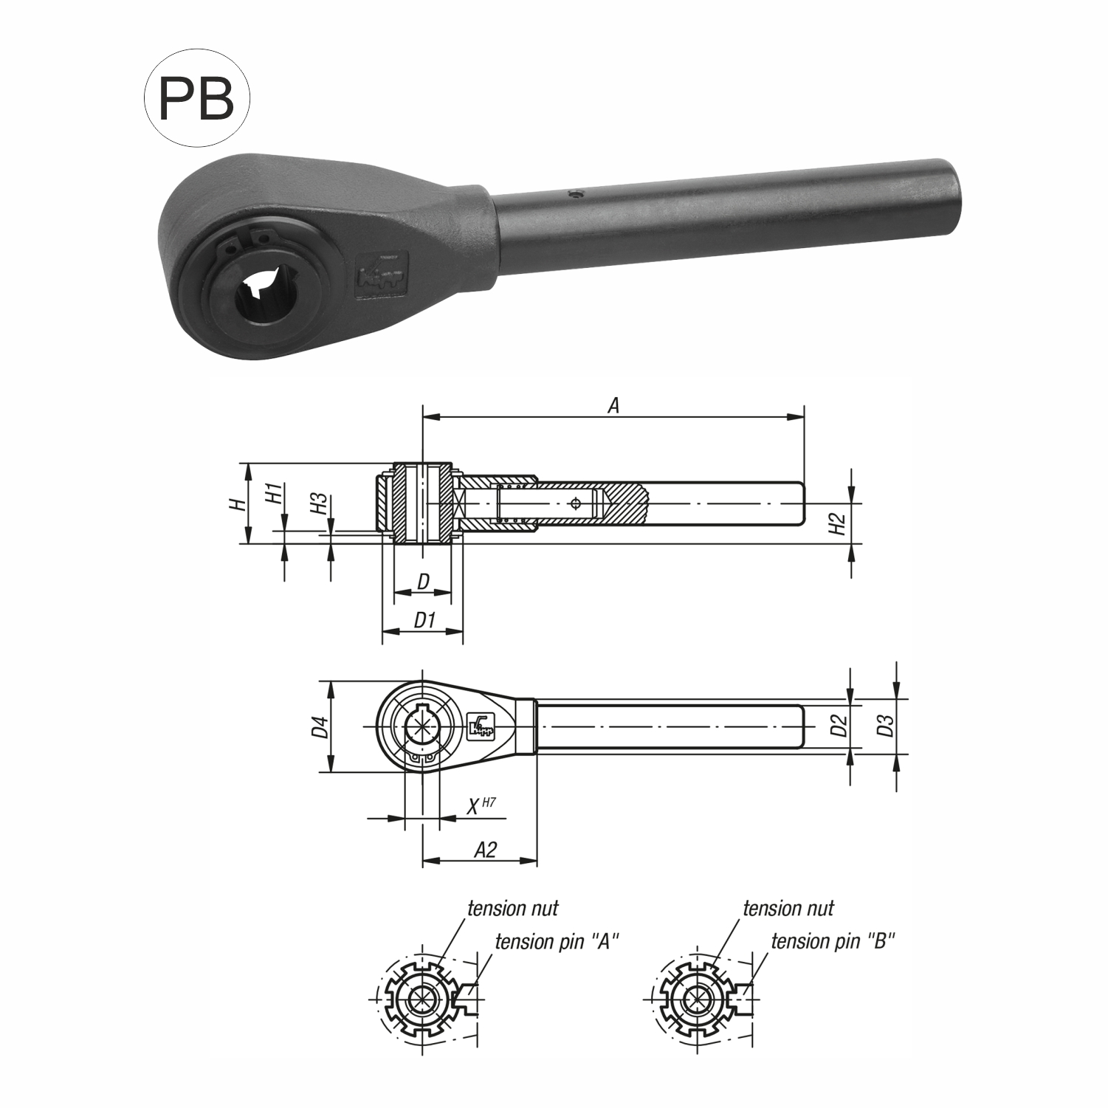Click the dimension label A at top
click(x=613, y=405)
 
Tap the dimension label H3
click(x=319, y=504)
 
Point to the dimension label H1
click(x=274, y=493)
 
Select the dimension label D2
click(x=837, y=726)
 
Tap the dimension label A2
click(x=484, y=850)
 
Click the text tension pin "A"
click(x=556, y=942)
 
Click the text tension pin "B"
click(x=832, y=942)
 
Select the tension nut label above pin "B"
click(x=788, y=909)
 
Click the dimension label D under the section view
click(x=423, y=582)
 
